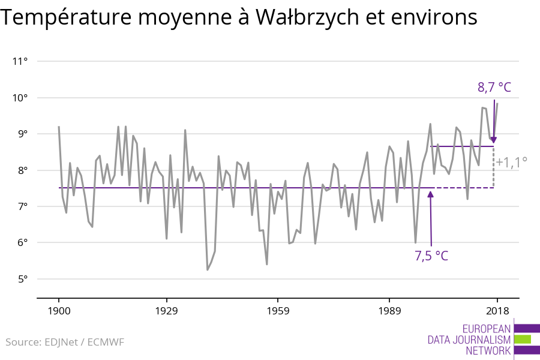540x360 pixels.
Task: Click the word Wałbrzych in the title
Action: coord(307,17)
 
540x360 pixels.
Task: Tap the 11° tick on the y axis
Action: coord(20,61)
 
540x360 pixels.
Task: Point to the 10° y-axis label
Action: coord(20,98)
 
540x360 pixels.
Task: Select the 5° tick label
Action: coord(22,279)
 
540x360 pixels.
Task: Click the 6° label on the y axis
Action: coord(22,242)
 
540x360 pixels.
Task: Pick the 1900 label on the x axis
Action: coord(59,311)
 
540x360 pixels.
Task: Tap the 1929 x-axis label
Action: coord(166,311)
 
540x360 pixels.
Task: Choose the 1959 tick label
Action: coord(278,311)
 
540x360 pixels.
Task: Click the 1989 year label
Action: coord(389,311)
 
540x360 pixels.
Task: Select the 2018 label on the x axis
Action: coord(497,311)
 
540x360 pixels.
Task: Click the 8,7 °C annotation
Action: coord(494,88)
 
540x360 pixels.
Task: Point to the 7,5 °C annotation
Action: coord(431,256)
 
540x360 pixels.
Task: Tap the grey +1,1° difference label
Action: coord(511,162)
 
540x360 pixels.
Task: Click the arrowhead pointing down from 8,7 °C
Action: coord(494,140)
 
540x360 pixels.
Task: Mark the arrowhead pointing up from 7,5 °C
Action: coord(430,194)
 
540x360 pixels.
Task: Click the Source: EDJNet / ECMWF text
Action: coord(65,342)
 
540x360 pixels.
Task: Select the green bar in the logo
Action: coord(523,340)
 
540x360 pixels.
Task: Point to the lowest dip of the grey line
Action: coord(208,270)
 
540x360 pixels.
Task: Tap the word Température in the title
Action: coord(66,17)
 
